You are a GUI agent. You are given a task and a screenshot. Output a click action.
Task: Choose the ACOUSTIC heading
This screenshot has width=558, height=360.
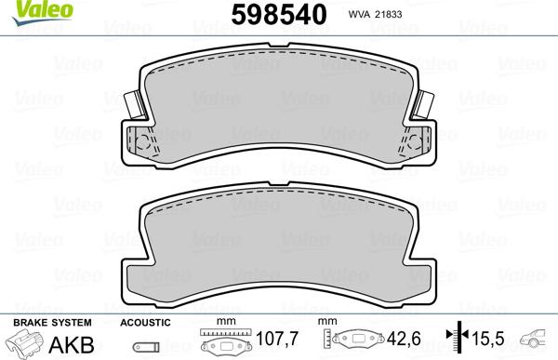click(145, 322)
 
